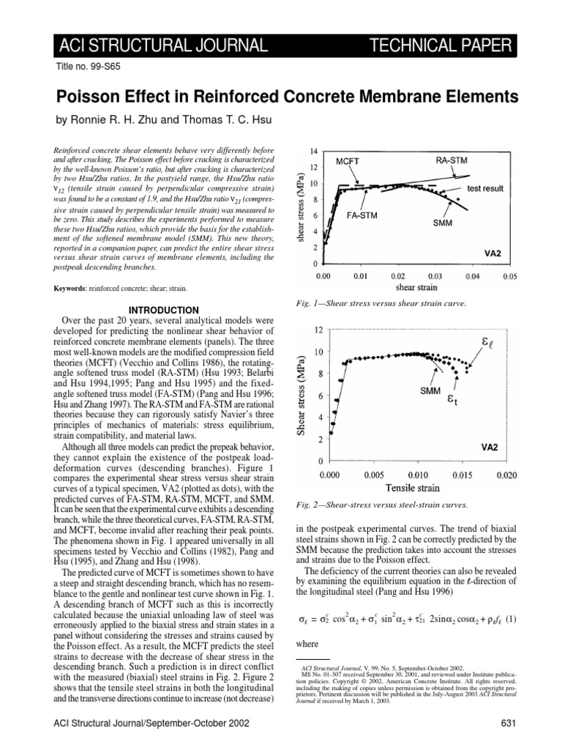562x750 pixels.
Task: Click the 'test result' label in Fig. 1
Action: (x=485, y=188)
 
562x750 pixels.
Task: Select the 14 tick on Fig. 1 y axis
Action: (x=312, y=151)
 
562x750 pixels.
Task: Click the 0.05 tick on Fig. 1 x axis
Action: (x=510, y=277)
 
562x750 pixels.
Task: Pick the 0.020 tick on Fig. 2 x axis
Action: (x=507, y=475)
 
